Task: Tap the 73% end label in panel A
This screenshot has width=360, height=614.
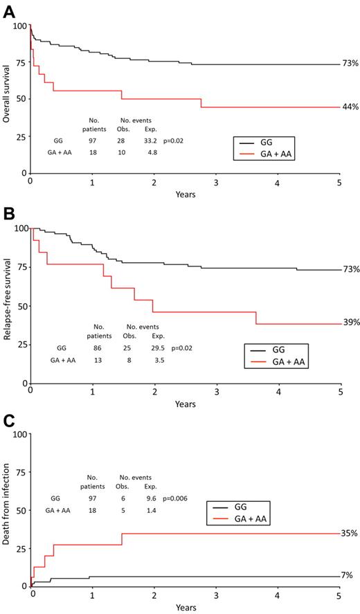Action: point(350,64)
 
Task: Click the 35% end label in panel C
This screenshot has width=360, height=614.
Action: point(350,534)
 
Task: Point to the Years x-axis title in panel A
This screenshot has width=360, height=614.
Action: point(184,195)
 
